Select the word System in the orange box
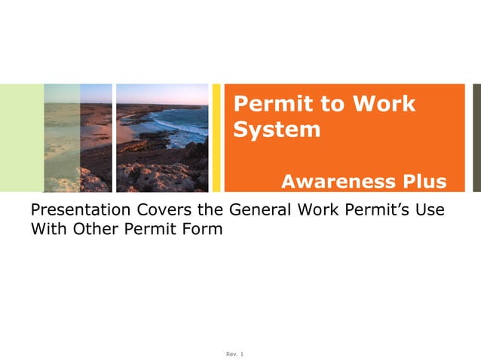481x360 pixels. point(277,130)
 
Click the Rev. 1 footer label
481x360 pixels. point(235,354)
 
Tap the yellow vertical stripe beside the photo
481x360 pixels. point(216,138)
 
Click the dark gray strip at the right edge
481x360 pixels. point(476,138)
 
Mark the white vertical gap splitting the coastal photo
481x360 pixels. point(114,138)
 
